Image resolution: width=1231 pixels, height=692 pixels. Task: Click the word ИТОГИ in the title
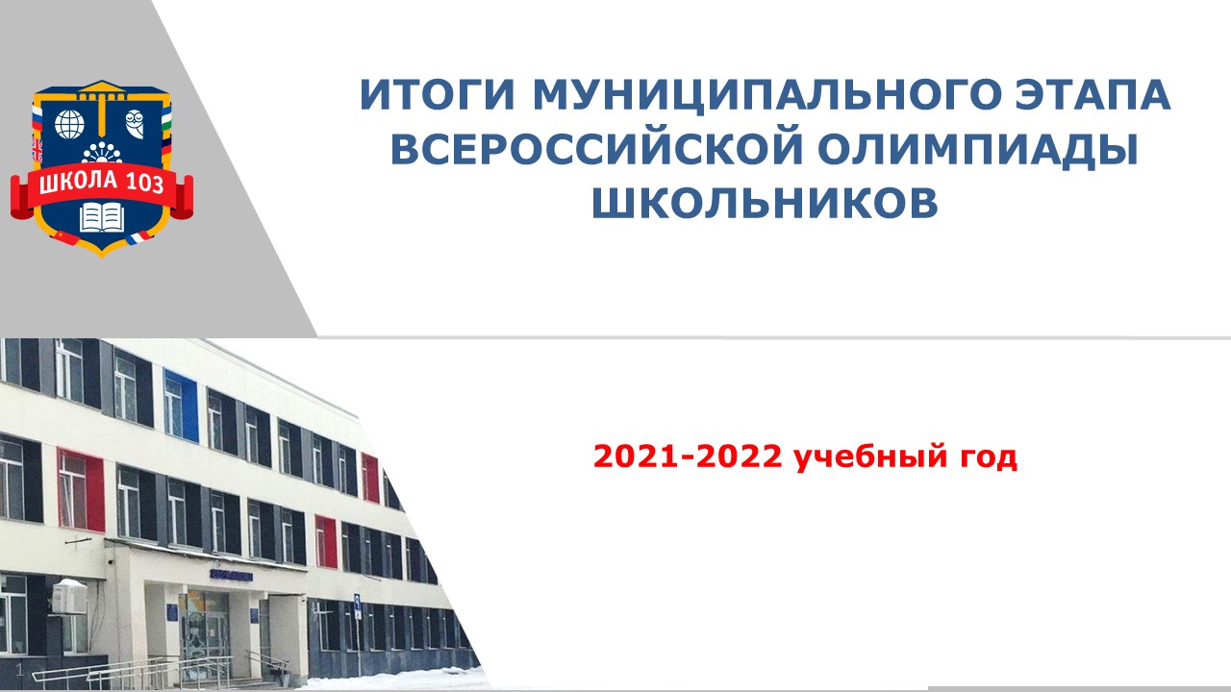pyautogui.click(x=438, y=94)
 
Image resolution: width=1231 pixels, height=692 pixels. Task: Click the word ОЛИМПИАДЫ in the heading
pyautogui.click(x=978, y=149)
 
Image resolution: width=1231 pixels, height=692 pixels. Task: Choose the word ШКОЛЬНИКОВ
pyautogui.click(x=765, y=203)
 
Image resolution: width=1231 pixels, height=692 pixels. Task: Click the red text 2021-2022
pyautogui.click(x=688, y=457)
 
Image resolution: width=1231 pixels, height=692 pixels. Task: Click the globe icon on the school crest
pyautogui.click(x=70, y=124)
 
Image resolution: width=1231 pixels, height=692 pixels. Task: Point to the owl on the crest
pyautogui.click(x=135, y=124)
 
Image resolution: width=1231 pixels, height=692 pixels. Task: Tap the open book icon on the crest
pyautogui.click(x=102, y=218)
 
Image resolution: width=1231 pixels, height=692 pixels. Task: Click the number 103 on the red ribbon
pyautogui.click(x=145, y=183)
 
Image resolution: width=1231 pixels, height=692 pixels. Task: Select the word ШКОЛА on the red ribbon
pyautogui.click(x=79, y=181)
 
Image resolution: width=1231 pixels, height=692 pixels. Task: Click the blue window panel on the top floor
pyautogui.click(x=181, y=406)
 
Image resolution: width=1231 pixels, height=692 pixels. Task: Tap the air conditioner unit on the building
pyautogui.click(x=69, y=597)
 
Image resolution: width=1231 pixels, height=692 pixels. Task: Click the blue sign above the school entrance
pyautogui.click(x=231, y=576)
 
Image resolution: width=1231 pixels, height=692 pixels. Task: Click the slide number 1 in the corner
pyautogui.click(x=20, y=670)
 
